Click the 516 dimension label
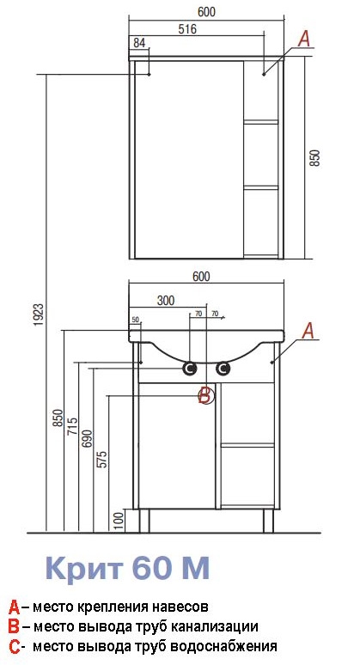(188, 29)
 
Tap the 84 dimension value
(139, 43)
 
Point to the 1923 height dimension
(39, 314)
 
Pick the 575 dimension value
(102, 459)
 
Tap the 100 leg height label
(119, 521)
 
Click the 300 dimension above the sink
(165, 300)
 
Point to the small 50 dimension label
(135, 319)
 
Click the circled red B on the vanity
(206, 396)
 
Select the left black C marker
(190, 369)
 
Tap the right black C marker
(223, 369)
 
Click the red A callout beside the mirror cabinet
(304, 39)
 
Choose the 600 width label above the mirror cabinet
(206, 12)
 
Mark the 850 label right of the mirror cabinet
(316, 157)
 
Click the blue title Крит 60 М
(127, 568)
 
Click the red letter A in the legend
(14, 607)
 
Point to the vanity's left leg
(144, 521)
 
